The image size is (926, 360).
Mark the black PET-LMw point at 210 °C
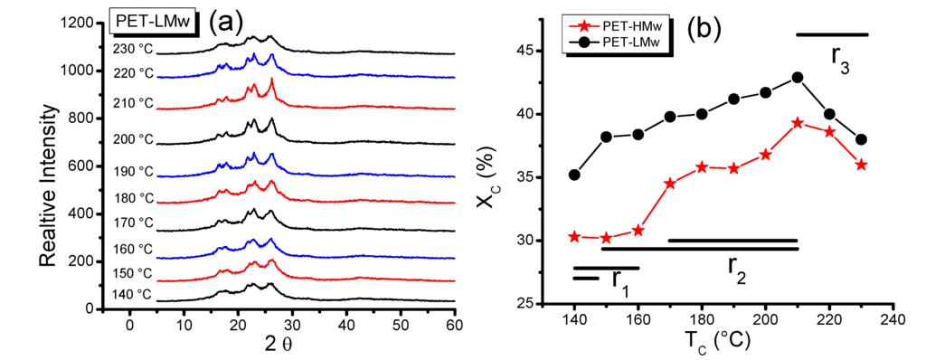(x=798, y=77)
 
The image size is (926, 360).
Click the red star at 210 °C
(x=798, y=123)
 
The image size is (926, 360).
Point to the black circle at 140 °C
(x=574, y=175)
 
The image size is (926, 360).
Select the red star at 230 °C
(x=862, y=165)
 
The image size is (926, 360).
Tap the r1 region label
(x=620, y=280)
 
